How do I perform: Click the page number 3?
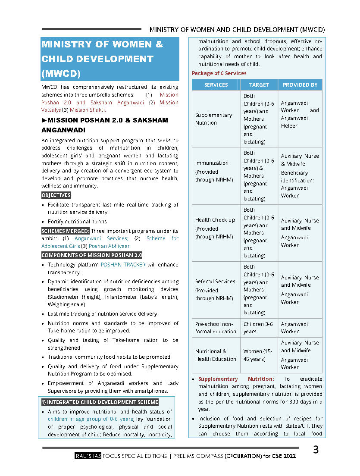pos(316,450)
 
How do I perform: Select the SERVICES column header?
pos(216,85)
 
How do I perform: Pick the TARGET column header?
pos(259,85)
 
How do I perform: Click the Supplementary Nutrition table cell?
pos(213,119)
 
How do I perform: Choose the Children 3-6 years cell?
pos(258,328)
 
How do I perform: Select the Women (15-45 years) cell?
pos(258,355)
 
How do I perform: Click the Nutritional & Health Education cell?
pos(216,355)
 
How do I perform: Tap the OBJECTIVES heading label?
pos(56,195)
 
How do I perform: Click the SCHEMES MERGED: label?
pos(66,231)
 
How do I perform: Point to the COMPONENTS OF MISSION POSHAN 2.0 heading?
pos(92,255)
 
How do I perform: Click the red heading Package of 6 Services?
pos(219,73)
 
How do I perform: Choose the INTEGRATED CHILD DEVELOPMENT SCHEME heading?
pos(100,402)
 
